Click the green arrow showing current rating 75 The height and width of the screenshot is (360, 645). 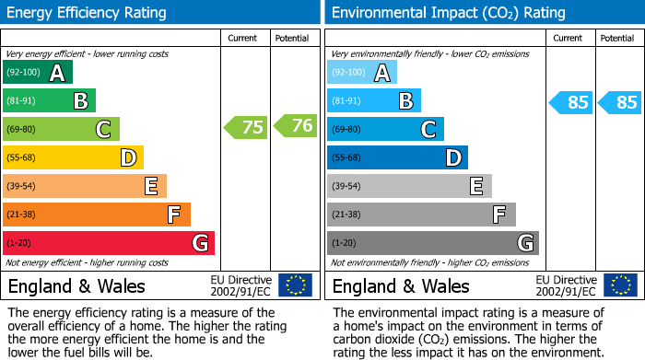point(246,127)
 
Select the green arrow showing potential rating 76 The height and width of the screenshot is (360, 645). point(295,127)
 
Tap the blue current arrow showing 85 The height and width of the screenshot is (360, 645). point(570,102)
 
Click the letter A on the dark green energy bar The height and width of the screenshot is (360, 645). point(57,73)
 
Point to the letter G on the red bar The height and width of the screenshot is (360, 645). point(200,243)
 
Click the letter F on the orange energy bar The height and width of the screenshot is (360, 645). point(174,215)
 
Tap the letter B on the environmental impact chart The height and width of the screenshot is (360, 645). point(405,101)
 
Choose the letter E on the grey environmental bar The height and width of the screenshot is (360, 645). point(476,187)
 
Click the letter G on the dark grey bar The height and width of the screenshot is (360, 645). point(525,243)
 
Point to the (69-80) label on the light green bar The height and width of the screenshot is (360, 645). point(21,130)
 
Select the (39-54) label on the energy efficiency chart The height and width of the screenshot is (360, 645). point(21,187)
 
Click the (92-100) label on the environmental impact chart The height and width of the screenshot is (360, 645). point(349,73)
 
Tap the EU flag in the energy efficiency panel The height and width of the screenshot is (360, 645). point(296,285)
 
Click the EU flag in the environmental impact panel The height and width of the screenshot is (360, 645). point(620,285)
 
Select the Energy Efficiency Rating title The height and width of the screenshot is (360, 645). point(87,13)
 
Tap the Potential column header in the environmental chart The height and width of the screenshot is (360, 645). point(617,38)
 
